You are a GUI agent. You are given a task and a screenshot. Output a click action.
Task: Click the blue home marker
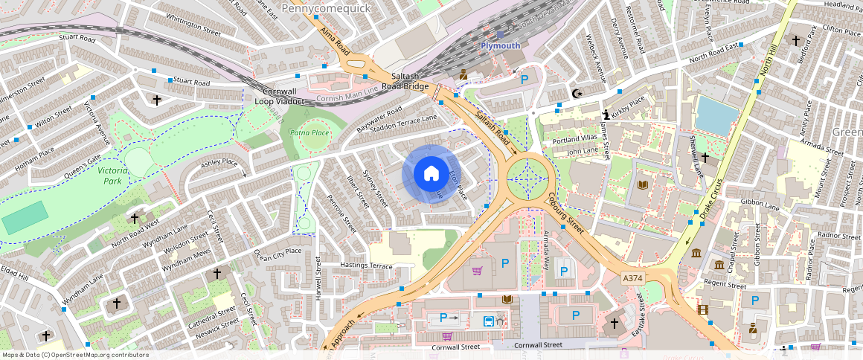click(431, 174)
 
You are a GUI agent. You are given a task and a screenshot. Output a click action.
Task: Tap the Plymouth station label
click(499, 45)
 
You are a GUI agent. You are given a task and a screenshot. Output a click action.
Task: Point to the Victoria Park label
click(103, 176)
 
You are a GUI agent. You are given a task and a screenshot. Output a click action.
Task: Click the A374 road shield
click(632, 277)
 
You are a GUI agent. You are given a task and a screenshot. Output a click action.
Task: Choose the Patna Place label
click(309, 132)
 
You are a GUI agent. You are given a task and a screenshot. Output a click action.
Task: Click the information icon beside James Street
click(606, 114)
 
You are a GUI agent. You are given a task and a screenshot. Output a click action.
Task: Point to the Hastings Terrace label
click(365, 266)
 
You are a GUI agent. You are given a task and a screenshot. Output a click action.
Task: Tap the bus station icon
click(488, 321)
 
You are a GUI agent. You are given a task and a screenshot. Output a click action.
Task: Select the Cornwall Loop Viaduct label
click(280, 96)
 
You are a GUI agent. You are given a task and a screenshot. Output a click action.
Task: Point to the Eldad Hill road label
click(13, 273)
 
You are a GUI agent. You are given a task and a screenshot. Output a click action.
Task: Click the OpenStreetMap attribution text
click(74, 355)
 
